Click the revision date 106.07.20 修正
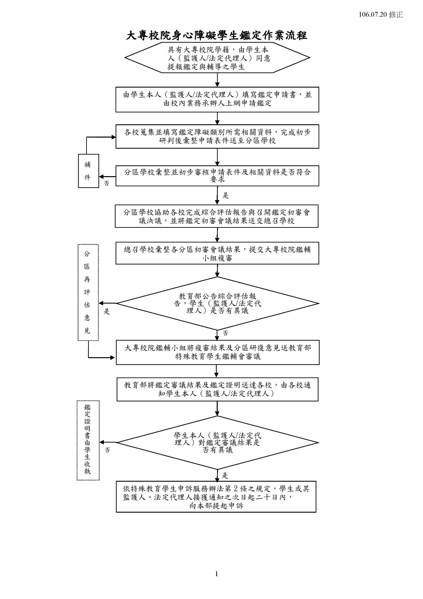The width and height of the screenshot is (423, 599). point(381,15)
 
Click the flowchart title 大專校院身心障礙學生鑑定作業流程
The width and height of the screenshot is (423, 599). point(216,35)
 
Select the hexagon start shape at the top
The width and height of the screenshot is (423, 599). point(217,58)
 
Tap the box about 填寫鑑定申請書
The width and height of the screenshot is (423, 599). point(217,99)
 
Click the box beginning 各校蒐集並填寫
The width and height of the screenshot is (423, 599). point(217,136)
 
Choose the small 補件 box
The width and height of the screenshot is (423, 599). point(88,171)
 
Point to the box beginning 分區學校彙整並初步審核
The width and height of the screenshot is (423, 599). point(217,176)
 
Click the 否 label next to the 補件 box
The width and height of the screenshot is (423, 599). point(107,184)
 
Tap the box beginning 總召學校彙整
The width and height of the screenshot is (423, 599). point(217,253)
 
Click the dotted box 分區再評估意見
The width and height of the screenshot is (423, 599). point(88,292)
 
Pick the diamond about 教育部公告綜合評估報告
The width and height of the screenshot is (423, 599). point(217,304)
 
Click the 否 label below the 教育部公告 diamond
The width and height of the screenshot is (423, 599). point(225,333)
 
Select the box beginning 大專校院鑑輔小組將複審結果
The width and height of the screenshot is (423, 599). point(217,352)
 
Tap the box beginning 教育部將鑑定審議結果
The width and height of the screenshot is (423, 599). point(217,389)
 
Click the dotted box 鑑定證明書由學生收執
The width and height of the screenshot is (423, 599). point(88,440)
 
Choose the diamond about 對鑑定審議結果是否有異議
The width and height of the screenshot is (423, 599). point(217,443)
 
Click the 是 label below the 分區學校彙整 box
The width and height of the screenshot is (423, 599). point(226,196)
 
